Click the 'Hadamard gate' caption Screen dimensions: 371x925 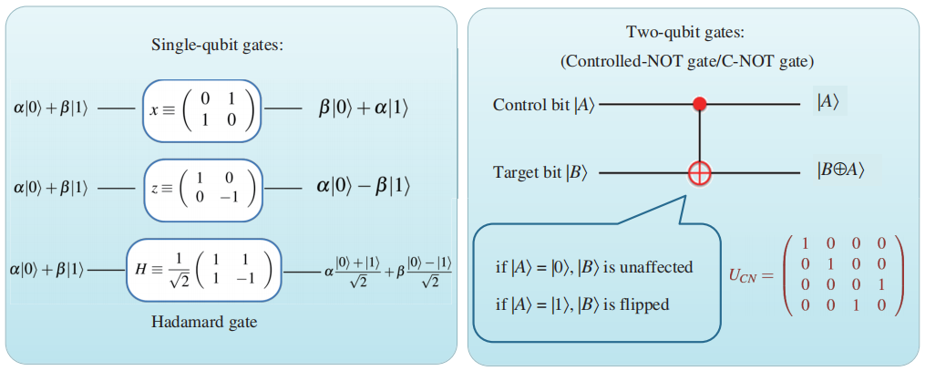pyautogui.click(x=204, y=322)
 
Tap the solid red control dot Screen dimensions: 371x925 pyautogui.click(x=700, y=105)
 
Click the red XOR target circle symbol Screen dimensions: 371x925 pyautogui.click(x=700, y=171)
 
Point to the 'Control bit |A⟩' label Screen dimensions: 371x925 pyautogui.click(x=544, y=105)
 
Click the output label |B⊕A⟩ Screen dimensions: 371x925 pyautogui.click(x=840, y=170)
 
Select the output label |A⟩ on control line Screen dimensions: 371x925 pyautogui.click(x=827, y=103)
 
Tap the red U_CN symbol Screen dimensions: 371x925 pyautogui.click(x=750, y=274)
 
